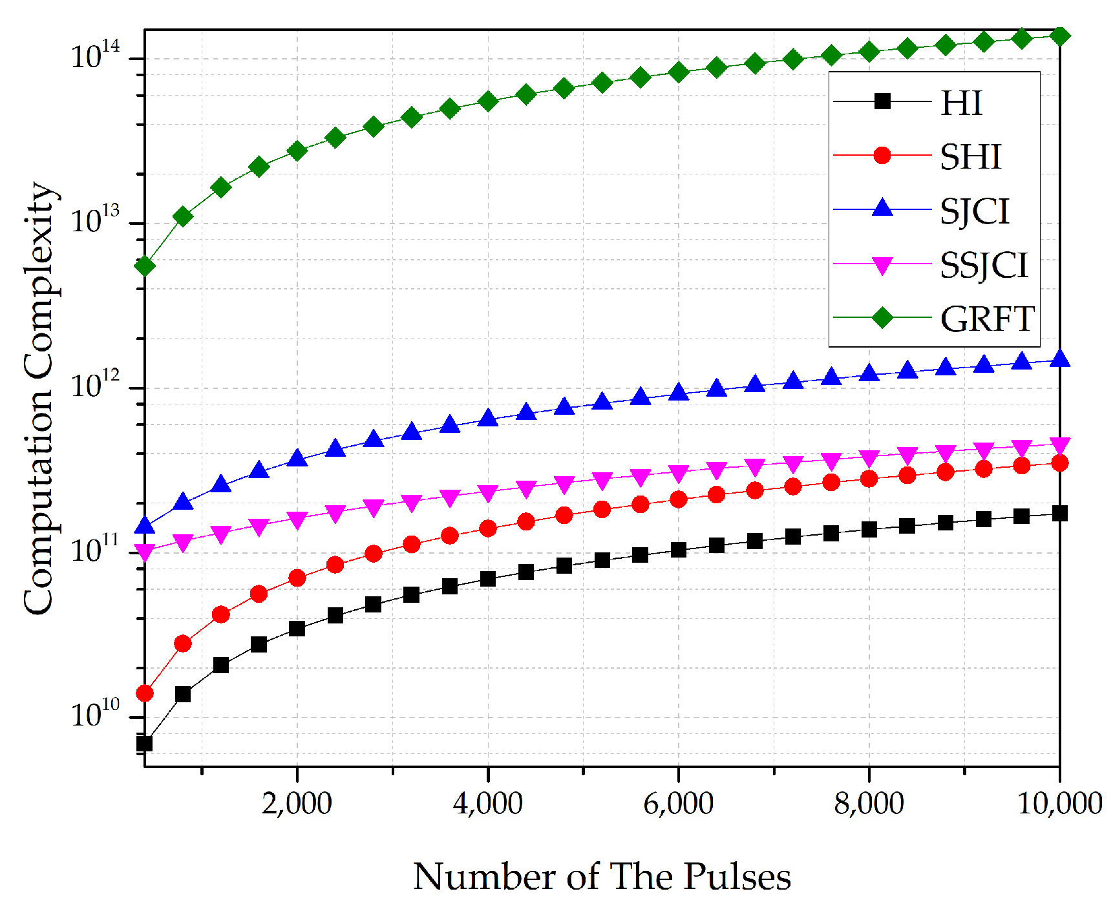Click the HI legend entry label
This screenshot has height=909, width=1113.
961,103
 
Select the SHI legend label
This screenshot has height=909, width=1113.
970,157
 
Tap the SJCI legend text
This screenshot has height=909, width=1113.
974,211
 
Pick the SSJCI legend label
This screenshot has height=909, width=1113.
983,265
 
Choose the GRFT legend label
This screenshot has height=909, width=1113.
987,319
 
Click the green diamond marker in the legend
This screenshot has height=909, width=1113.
882,318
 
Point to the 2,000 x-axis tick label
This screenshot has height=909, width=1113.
297,803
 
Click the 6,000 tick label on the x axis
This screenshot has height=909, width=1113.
678,803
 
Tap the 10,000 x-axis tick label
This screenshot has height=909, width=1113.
1059,803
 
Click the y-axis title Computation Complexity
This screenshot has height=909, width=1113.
39,398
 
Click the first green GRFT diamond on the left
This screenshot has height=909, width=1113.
145,266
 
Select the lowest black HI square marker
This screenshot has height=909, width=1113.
145,743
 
